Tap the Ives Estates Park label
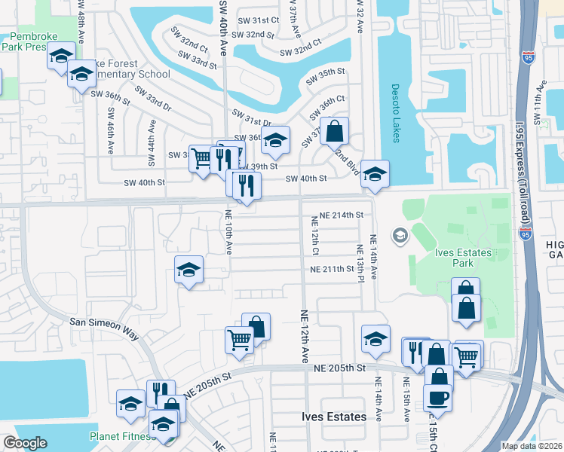pos(464,258)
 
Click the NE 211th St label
pos(332,269)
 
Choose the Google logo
pos(25,442)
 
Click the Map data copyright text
pos(532,446)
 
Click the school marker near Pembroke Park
pos(62,55)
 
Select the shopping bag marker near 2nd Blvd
pos(335,130)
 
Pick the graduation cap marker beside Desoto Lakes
pos(375,174)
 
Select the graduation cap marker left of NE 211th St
pos(189,270)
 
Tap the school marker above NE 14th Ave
pos(375,338)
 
